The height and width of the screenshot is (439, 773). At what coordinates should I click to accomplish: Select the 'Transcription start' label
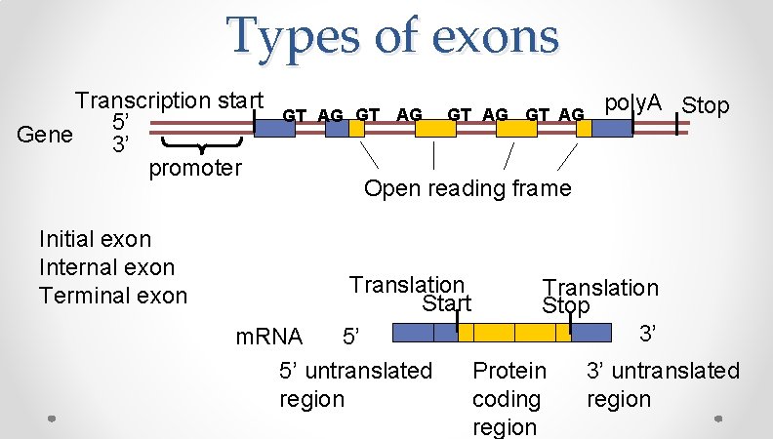click(170, 100)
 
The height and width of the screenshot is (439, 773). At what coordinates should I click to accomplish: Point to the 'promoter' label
click(194, 168)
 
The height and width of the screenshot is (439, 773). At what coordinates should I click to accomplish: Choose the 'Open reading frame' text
click(468, 187)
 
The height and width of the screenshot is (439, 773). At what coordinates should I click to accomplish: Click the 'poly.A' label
click(633, 102)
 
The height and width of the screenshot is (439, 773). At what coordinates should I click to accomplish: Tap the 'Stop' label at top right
click(705, 104)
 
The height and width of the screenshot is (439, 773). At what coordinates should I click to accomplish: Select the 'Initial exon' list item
click(95, 239)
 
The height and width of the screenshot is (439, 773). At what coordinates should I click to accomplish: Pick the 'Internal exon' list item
click(106, 267)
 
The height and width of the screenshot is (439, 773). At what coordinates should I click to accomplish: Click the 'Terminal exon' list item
click(112, 295)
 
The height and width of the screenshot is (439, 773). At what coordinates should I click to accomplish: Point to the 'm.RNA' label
click(270, 338)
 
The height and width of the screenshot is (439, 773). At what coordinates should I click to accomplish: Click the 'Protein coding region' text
click(508, 399)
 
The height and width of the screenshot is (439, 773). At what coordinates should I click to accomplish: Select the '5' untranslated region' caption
click(354, 384)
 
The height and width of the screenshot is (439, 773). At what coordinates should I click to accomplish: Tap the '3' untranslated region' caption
click(662, 384)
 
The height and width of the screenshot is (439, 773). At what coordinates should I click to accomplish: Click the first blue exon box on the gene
click(275, 128)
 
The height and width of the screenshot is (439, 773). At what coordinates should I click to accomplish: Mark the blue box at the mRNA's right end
click(590, 334)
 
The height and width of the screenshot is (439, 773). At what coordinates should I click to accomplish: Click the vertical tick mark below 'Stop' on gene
click(679, 127)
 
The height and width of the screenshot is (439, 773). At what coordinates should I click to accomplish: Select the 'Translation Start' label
click(409, 294)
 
